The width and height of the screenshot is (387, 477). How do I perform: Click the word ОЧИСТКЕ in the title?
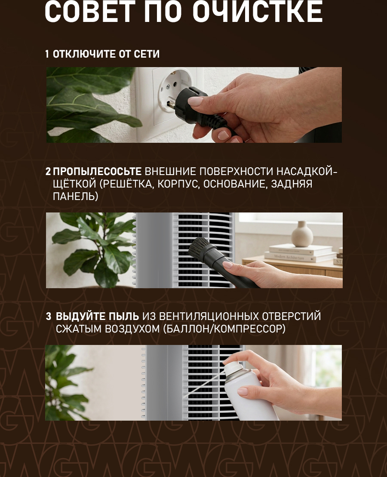[258, 12]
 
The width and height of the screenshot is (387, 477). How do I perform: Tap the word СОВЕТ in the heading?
[90, 12]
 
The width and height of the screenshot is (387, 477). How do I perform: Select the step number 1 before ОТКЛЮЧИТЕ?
[47, 54]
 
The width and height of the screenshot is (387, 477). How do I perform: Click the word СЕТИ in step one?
[147, 54]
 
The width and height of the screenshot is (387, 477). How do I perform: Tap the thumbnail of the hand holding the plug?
[194, 105]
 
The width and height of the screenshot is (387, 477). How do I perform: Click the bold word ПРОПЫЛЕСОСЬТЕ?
[97, 172]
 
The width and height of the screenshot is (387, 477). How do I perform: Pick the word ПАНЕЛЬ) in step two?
[75, 197]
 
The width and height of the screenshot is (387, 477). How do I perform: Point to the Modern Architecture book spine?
[300, 257]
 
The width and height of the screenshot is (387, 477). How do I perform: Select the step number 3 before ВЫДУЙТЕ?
[48, 317]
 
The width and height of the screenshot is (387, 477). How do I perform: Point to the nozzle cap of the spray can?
[232, 366]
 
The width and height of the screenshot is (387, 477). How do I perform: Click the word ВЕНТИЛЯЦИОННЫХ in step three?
[209, 317]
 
